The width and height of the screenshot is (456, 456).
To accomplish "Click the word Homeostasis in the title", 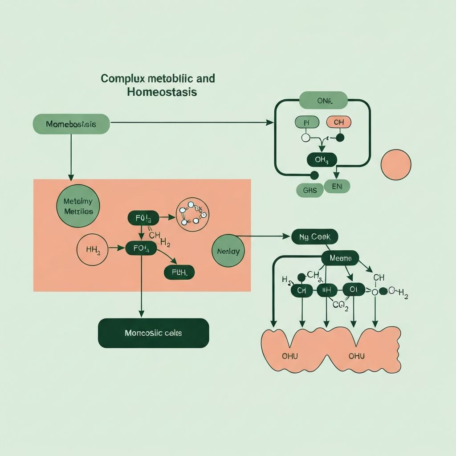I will point(162,93).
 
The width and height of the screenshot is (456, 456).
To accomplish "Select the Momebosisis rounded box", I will point(71,124).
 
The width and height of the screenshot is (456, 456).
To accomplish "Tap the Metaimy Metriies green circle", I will point(78,206).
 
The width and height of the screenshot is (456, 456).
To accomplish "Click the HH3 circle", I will point(92,250).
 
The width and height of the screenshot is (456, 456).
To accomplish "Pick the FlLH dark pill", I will point(179,272).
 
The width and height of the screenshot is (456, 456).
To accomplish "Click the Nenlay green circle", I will point(228,251).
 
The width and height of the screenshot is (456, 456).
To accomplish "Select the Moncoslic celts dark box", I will point(153,333).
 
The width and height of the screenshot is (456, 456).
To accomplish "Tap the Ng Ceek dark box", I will point(314,237).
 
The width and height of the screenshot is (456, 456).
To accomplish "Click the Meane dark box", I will point(340,258).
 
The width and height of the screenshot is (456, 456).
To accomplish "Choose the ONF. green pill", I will point(324,101).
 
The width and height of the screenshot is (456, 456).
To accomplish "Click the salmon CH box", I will point(338,122).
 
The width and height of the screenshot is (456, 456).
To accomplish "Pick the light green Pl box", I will point(307,122).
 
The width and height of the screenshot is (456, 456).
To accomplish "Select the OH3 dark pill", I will point(321,160).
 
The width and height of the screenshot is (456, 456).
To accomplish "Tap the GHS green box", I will point(309,191).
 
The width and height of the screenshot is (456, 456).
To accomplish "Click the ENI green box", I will point(337,186).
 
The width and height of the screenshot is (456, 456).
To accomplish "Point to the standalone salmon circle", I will point(396,165).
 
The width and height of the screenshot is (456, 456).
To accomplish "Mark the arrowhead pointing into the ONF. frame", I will point(270,122).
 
